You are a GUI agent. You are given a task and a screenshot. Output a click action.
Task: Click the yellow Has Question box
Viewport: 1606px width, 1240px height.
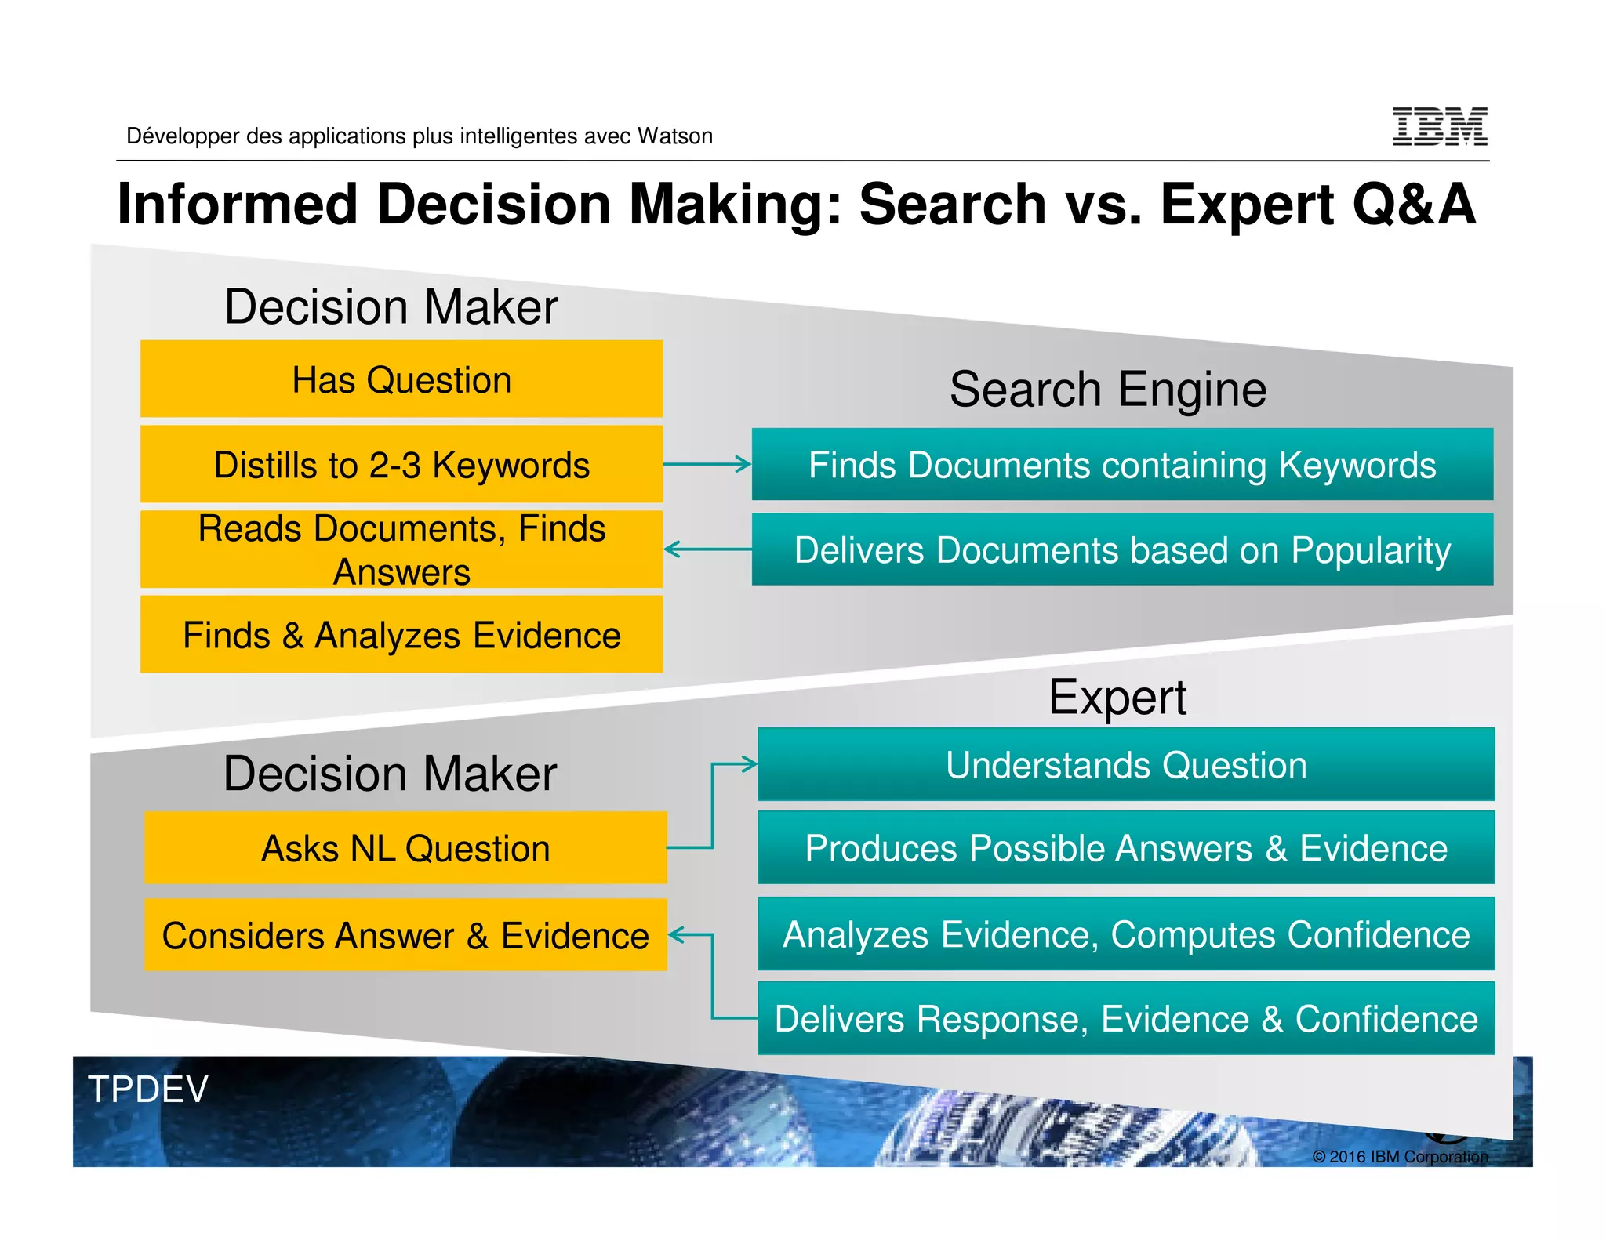pyautogui.click(x=401, y=379)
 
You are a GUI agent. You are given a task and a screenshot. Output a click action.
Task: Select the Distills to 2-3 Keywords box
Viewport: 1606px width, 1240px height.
pyautogui.click(x=401, y=465)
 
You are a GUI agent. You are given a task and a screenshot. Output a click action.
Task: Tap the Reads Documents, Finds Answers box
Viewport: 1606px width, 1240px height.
pyautogui.click(x=401, y=549)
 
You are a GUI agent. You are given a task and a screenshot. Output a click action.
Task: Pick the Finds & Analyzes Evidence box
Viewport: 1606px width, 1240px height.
pyautogui.click(x=401, y=635)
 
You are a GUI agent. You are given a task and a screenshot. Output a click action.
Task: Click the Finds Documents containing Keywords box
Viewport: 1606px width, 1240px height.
pyautogui.click(x=1122, y=465)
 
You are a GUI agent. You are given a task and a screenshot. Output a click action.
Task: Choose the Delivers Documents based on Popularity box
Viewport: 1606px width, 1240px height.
pyautogui.click(x=1122, y=549)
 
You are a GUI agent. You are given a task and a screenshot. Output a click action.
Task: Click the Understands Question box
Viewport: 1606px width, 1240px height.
pyautogui.click(x=1126, y=765)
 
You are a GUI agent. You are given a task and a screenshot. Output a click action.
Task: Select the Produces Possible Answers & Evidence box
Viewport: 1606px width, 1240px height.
pyautogui.click(x=1126, y=848)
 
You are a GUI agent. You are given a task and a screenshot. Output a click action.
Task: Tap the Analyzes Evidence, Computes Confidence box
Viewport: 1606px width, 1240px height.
pyautogui.click(x=1126, y=934)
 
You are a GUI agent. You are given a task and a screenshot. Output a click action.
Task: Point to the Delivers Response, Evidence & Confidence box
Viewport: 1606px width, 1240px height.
pyautogui.click(x=1126, y=1019)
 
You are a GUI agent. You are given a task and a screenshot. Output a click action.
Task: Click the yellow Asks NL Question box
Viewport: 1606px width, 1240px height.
pyautogui.click(x=405, y=848)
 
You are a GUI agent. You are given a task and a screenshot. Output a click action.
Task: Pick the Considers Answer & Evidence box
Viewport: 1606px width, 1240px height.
pyautogui.click(x=405, y=935)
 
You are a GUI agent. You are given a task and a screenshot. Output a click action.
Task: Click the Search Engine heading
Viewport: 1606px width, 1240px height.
pyautogui.click(x=1107, y=390)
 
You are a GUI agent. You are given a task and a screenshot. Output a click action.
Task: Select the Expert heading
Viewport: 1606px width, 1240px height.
pyautogui.click(x=1117, y=697)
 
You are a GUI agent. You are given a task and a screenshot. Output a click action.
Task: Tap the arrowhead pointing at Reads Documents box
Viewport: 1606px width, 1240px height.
pyautogui.click(x=671, y=549)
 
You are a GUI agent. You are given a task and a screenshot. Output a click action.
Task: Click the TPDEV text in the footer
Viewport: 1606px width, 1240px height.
pyautogui.click(x=147, y=1090)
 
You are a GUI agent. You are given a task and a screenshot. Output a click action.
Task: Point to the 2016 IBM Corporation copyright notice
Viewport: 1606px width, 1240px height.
pyautogui.click(x=1399, y=1156)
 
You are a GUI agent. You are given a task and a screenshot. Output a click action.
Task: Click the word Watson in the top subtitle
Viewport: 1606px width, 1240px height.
pyautogui.click(x=674, y=136)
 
